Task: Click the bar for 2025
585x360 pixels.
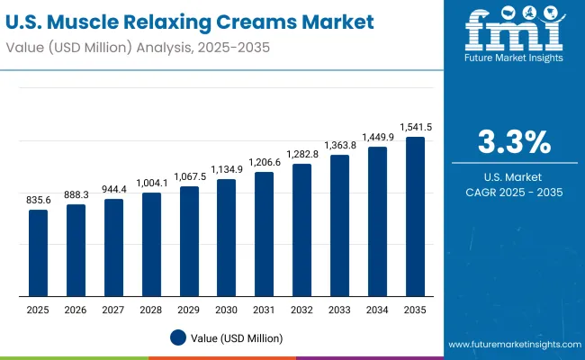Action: (38, 253)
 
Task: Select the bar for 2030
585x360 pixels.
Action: (227, 238)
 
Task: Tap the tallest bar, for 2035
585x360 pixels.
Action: (415, 217)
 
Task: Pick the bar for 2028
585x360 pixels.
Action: (151, 244)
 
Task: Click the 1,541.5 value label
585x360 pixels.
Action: (415, 128)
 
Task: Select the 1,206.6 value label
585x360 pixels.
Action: (265, 163)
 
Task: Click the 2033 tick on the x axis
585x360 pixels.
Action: (339, 309)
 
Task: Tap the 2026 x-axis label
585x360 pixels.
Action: (76, 309)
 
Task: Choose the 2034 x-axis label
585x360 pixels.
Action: (377, 309)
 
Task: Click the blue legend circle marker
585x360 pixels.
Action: (177, 337)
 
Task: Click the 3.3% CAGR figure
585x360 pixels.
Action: (512, 142)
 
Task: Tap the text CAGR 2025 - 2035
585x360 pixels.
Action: (512, 192)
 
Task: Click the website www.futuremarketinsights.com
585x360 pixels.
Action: (513, 345)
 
